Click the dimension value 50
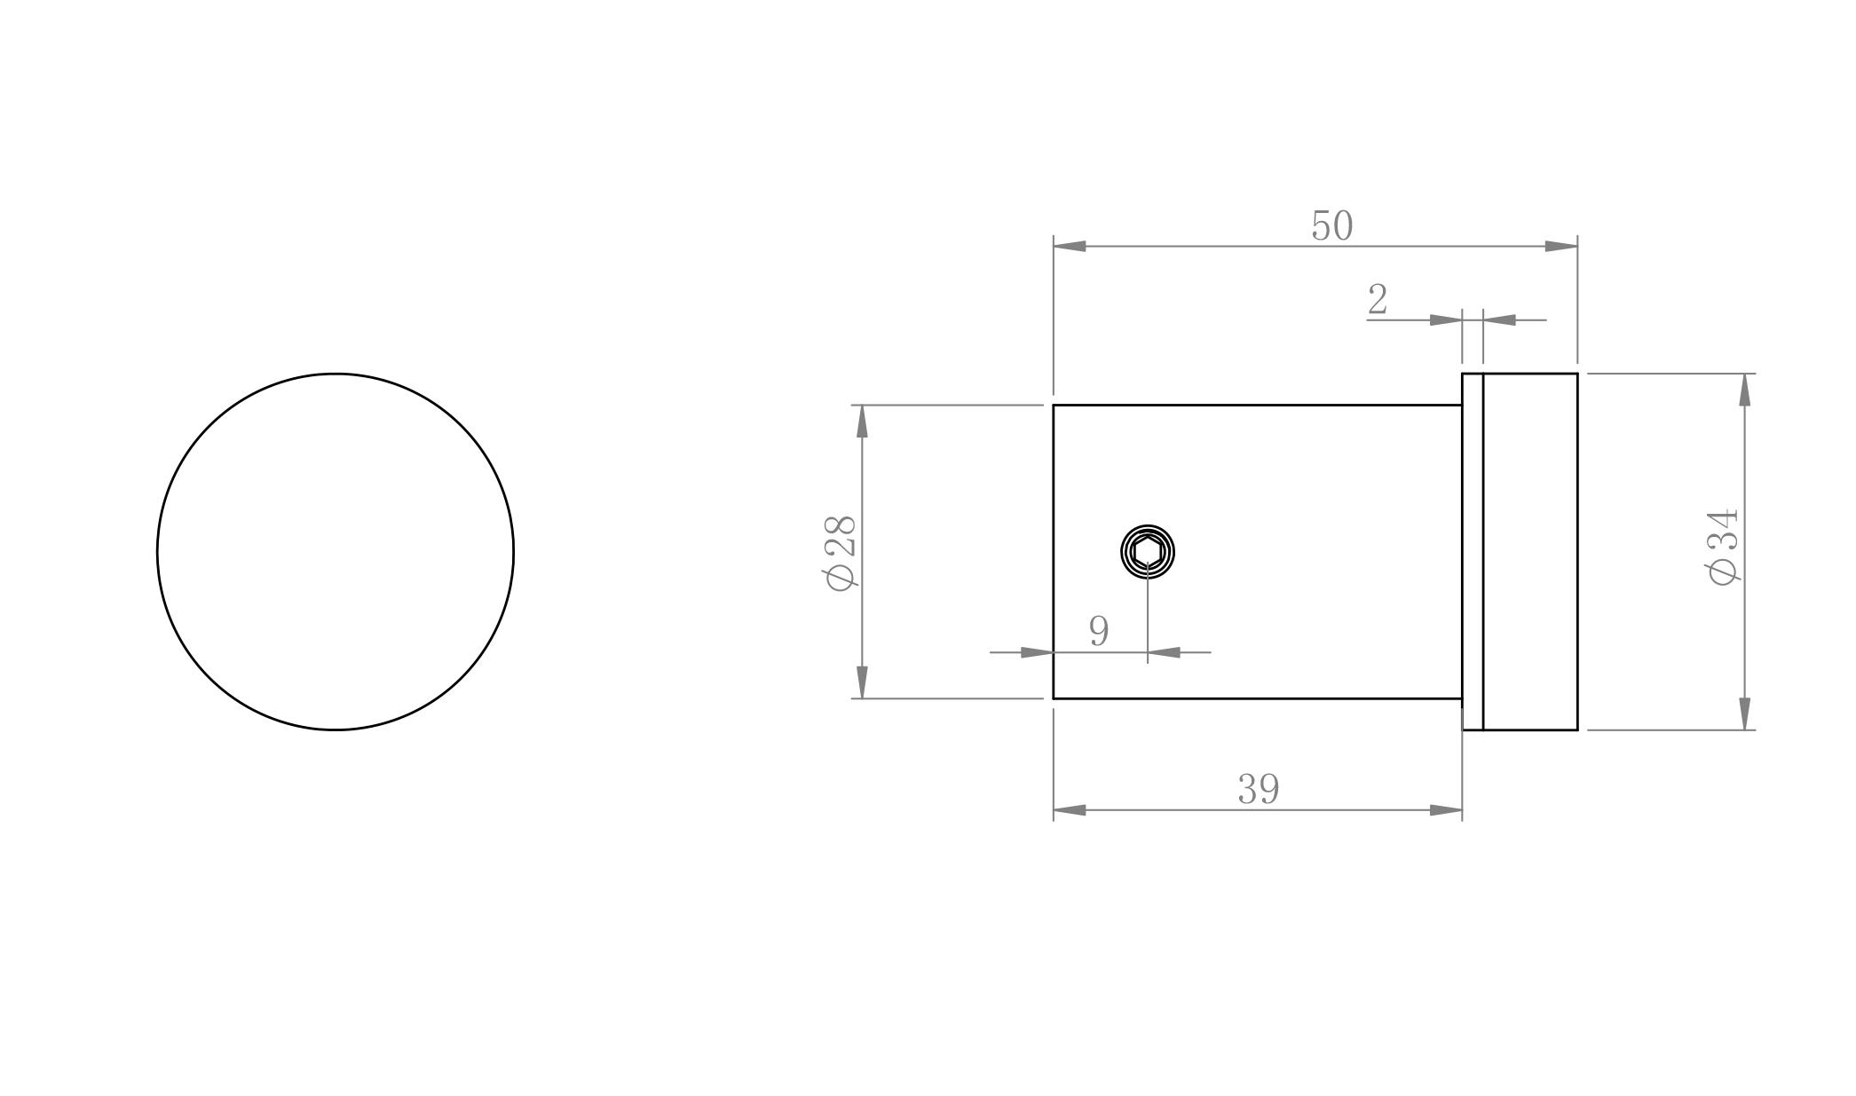[1332, 225]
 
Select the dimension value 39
[1259, 789]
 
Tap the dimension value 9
[1099, 631]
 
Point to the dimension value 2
[1378, 299]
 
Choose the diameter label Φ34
[1723, 548]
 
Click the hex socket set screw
[1148, 552]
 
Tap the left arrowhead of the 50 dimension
[1070, 246]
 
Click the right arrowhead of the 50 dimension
[1561, 246]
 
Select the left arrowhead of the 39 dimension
[1070, 809]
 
